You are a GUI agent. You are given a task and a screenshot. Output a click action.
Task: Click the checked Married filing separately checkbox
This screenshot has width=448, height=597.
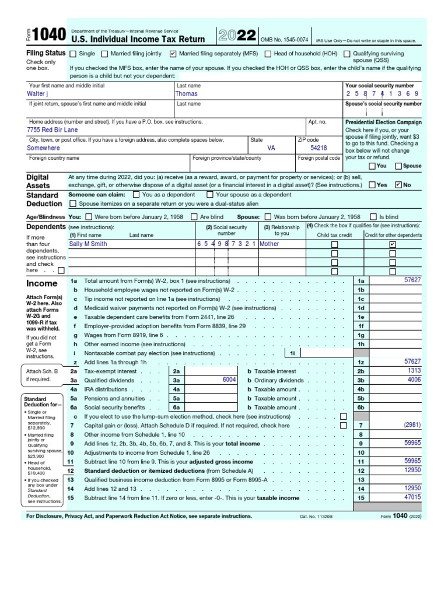click(x=173, y=54)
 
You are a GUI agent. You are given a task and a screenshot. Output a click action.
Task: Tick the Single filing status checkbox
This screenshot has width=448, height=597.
click(x=73, y=54)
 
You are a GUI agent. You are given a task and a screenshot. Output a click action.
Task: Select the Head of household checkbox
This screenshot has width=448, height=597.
click(x=268, y=54)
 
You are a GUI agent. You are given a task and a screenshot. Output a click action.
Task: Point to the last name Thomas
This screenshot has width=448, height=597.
click(x=187, y=93)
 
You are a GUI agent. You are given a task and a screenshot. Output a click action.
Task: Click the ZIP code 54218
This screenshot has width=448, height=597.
click(x=318, y=148)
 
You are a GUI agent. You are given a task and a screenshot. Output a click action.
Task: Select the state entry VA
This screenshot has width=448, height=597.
click(x=271, y=148)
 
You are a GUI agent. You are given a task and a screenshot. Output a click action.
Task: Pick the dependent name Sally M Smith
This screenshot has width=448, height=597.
click(x=88, y=244)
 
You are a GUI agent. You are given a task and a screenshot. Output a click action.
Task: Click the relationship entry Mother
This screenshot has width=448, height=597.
click(x=269, y=244)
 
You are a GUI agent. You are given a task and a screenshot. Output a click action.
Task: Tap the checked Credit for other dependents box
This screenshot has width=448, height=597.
click(x=393, y=244)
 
